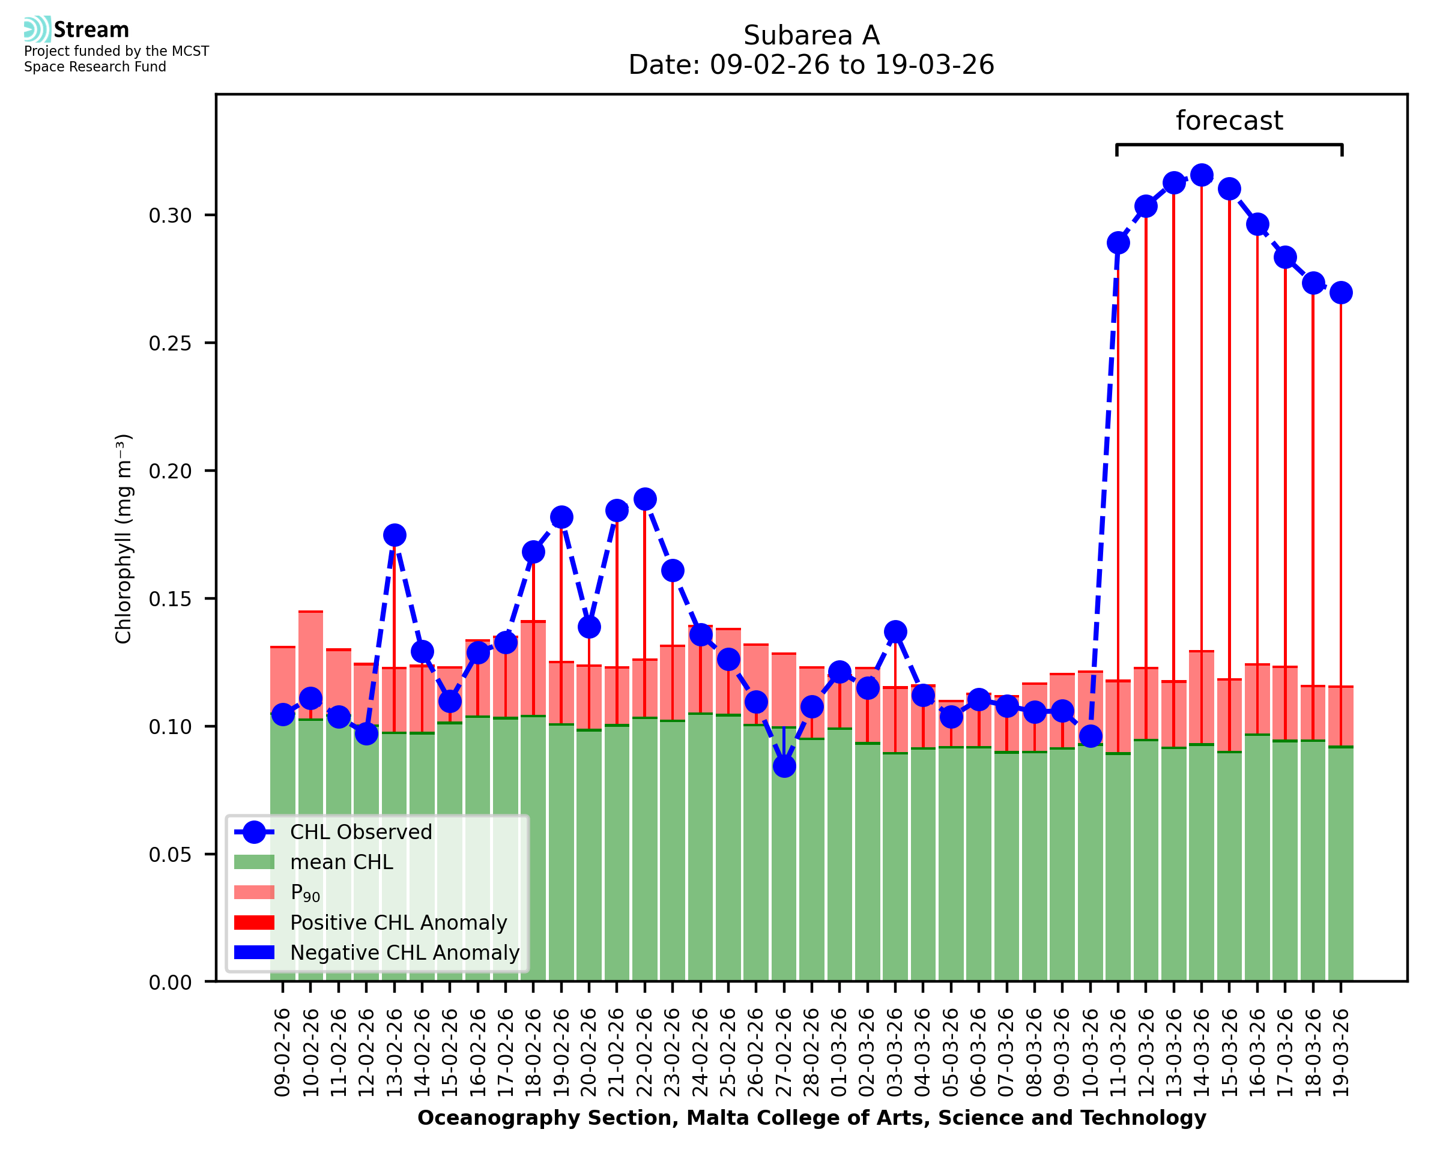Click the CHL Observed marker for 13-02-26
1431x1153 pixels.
pyautogui.click(x=395, y=535)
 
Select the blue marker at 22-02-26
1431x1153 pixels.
pyautogui.click(x=644, y=499)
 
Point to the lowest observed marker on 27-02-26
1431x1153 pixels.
pyautogui.click(x=784, y=766)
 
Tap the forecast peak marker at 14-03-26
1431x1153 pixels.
pyautogui.click(x=1201, y=175)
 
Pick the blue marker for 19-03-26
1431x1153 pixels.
pyautogui.click(x=1341, y=292)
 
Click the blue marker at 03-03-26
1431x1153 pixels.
pyautogui.click(x=895, y=631)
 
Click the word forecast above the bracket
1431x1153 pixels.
pyautogui.click(x=1229, y=121)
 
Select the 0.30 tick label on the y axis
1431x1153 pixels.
pyautogui.click(x=170, y=216)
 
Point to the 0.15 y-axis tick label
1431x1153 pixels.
pyautogui.click(x=170, y=599)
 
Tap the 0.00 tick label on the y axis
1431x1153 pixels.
pyautogui.click(x=170, y=983)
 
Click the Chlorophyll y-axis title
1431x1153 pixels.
pyautogui.click(x=124, y=538)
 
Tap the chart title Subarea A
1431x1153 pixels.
pyautogui.click(x=811, y=35)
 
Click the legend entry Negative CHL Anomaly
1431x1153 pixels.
pyautogui.click(x=405, y=953)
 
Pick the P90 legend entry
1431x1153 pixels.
pyautogui.click(x=305, y=893)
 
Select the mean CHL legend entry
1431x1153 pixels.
pyautogui.click(x=342, y=862)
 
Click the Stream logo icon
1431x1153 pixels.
pyautogui.click(x=37, y=29)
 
